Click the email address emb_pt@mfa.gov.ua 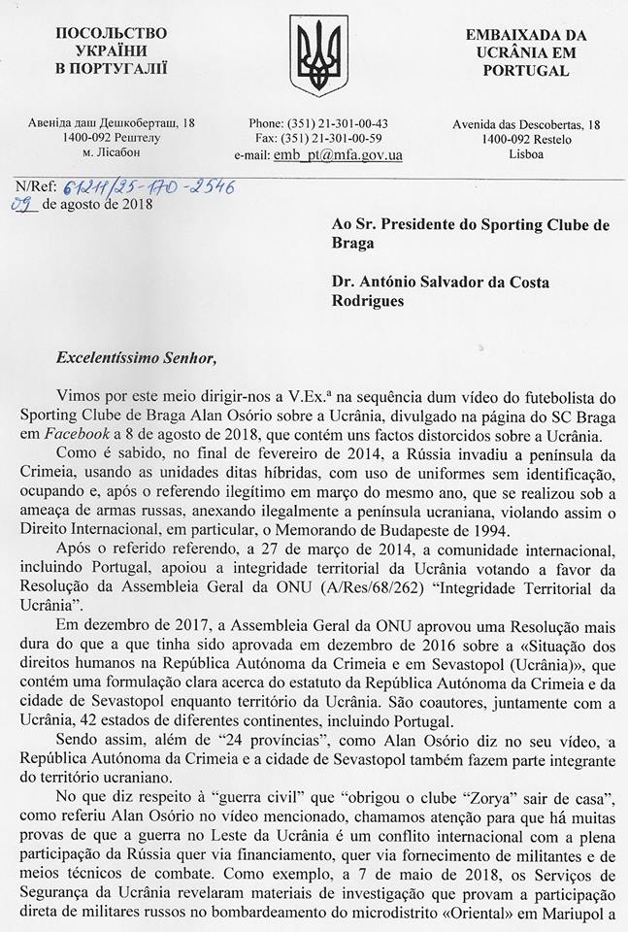(x=339, y=154)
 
